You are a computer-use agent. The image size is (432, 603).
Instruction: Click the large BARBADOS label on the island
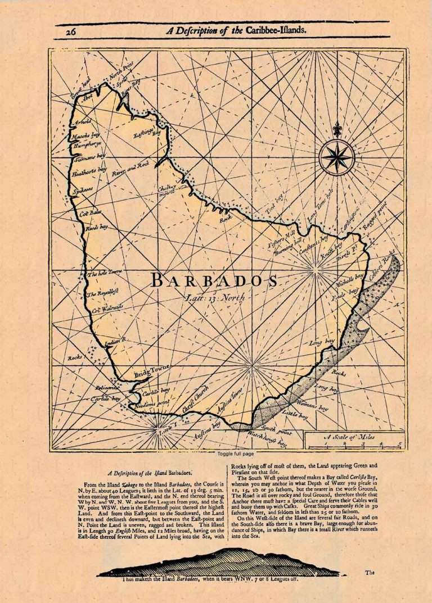coord(213,282)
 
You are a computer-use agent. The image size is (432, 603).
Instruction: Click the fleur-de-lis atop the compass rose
coord(337,130)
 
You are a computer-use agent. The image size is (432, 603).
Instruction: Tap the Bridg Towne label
coord(151,371)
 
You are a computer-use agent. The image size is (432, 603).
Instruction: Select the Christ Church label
coord(195,400)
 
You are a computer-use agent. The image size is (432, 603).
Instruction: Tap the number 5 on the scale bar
coord(399,445)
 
